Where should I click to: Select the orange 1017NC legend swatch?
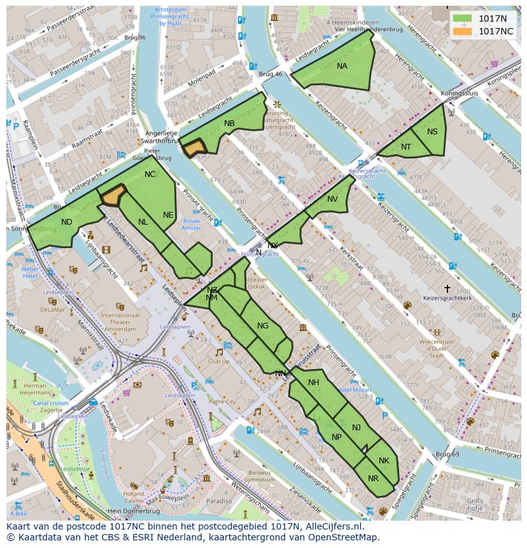[463, 31]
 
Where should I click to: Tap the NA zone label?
[342, 66]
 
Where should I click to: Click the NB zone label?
[229, 123]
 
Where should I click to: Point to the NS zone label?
[432, 132]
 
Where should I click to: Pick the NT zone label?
[406, 147]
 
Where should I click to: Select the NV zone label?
[332, 199]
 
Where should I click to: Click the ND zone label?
[67, 222]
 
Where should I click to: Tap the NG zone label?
[262, 326]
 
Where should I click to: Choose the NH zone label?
[313, 383]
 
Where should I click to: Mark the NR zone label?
[373, 479]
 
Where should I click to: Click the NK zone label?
[383, 461]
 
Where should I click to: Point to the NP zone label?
[337, 437]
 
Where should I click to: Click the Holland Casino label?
[134, 496]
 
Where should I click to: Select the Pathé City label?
[222, 402]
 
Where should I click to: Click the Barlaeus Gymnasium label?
[260, 477]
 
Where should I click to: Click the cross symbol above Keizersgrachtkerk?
[447, 288]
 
